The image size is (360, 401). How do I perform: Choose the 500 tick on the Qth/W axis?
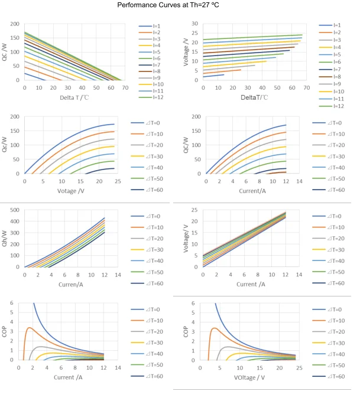tap(17, 210)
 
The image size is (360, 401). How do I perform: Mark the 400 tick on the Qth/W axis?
tap(17, 221)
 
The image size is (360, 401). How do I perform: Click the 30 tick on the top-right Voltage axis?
tap(194, 24)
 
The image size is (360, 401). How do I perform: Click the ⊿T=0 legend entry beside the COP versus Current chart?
tap(151, 309)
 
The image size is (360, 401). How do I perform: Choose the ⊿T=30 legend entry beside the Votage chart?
tap(151, 156)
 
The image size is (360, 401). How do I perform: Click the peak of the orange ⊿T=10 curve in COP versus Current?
tap(29, 328)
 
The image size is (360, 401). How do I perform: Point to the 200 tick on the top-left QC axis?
tap(15, 24)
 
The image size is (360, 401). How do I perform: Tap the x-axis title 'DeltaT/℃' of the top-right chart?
tap(251, 96)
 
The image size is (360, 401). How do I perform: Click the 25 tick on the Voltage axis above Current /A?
tap(194, 210)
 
